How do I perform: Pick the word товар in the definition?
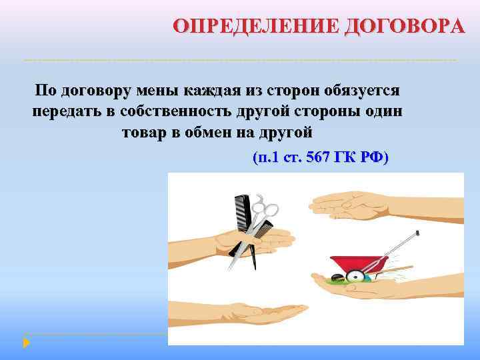pyautogui.click(x=144, y=131)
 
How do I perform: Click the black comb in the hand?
pyautogui.click(x=241, y=213)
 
